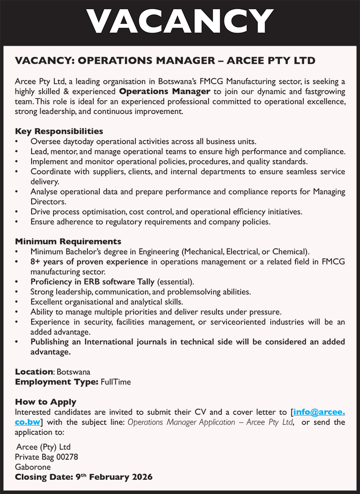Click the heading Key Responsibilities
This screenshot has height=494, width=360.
point(59,131)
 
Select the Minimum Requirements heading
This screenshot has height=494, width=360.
point(68,241)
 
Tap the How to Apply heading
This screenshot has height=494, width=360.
point(46,402)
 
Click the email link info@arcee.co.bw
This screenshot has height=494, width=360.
point(319,412)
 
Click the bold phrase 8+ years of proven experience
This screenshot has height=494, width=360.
point(89,261)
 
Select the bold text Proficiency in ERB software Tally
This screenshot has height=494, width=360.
point(92,282)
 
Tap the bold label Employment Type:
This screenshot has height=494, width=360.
point(57,381)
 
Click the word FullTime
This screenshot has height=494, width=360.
point(116,381)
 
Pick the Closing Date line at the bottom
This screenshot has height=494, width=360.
point(84,477)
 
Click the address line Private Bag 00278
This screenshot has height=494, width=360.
point(47,457)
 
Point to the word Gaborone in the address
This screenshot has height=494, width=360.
point(33,467)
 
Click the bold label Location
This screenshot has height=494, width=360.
point(34,371)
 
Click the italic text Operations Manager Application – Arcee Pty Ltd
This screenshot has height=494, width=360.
point(210,422)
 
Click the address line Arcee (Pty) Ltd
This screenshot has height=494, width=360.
point(44,447)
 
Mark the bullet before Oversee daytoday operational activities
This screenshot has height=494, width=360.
point(17,142)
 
